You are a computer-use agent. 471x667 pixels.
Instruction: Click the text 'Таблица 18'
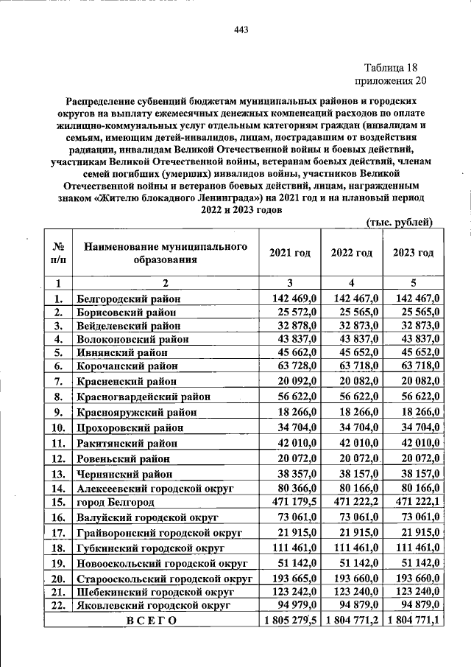[389, 67]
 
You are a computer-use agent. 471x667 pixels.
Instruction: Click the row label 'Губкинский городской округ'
[151, 548]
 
